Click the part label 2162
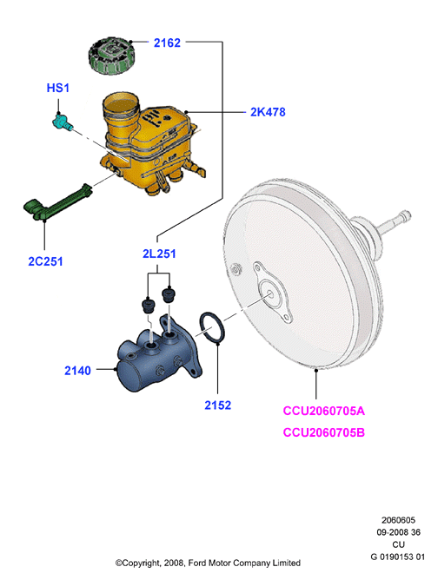(x=167, y=43)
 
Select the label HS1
(x=57, y=88)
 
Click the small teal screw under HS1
(x=62, y=122)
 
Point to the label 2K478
(x=268, y=112)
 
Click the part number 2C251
(x=45, y=261)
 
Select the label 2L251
(x=159, y=254)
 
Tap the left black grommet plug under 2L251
(x=149, y=306)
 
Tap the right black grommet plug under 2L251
(x=169, y=295)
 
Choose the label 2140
(x=77, y=371)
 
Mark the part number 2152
(x=218, y=405)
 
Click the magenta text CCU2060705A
(x=324, y=411)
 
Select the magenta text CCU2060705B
(x=324, y=432)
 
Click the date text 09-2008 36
(x=398, y=532)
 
